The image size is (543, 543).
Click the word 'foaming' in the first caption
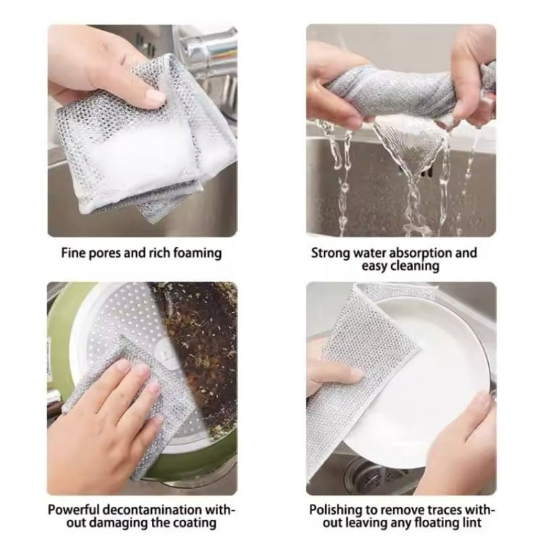click(x=197, y=253)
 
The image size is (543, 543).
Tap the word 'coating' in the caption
click(x=194, y=523)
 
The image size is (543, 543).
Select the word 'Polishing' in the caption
click(x=335, y=510)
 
